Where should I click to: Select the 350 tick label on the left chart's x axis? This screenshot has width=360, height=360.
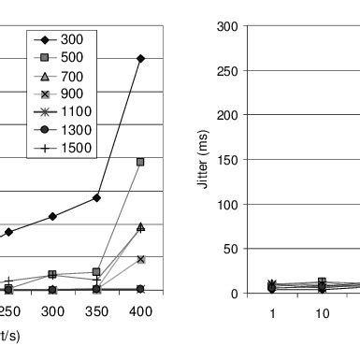point(97,310)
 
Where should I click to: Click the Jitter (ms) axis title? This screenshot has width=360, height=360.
point(203,160)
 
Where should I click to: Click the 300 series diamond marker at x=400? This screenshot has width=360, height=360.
point(140,58)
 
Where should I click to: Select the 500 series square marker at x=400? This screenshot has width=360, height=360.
point(140,162)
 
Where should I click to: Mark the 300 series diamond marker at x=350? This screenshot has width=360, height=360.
point(97,197)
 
